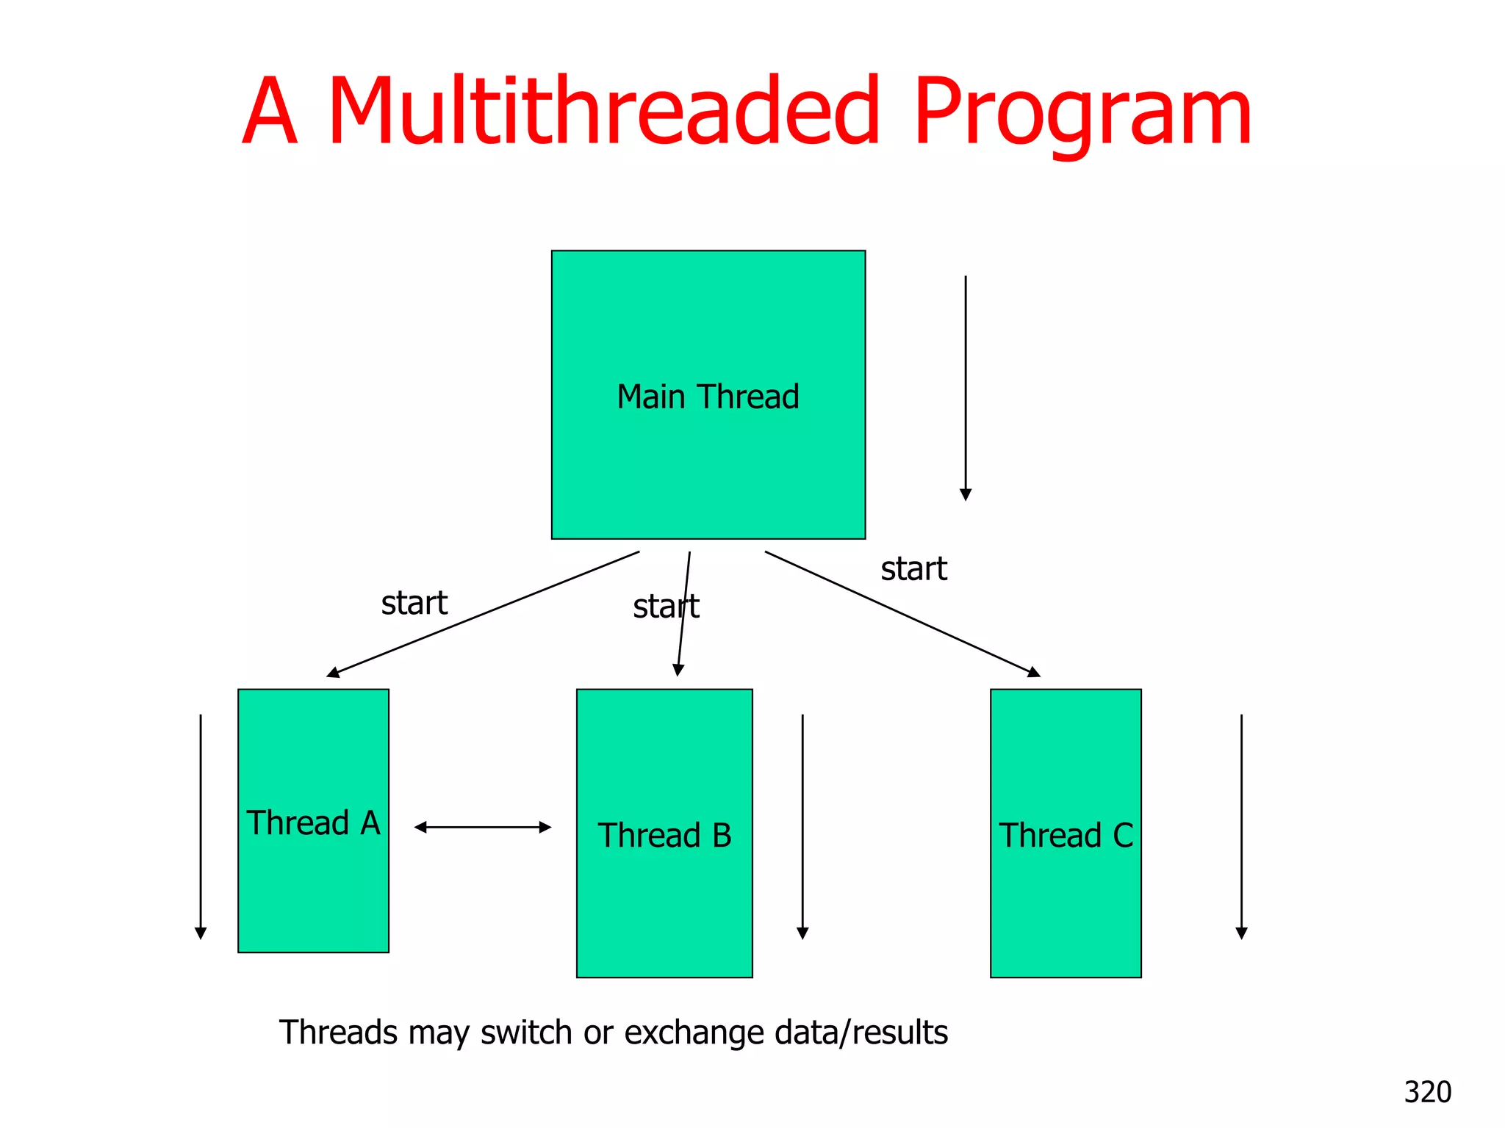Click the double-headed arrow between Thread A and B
pyautogui.click(x=483, y=827)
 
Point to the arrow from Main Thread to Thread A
pyautogui.click(x=483, y=614)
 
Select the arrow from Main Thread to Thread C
pyautogui.click(x=902, y=613)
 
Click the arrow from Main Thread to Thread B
pyautogui.click(x=684, y=613)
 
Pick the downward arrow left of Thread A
pyautogui.click(x=201, y=826)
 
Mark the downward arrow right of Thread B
pyautogui.click(x=802, y=826)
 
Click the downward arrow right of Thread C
pyautogui.click(x=1241, y=826)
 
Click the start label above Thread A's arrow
pyautogui.click(x=414, y=603)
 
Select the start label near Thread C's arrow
pyautogui.click(x=913, y=568)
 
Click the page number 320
pyautogui.click(x=1427, y=1092)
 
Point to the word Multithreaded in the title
pyautogui.click(x=603, y=111)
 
